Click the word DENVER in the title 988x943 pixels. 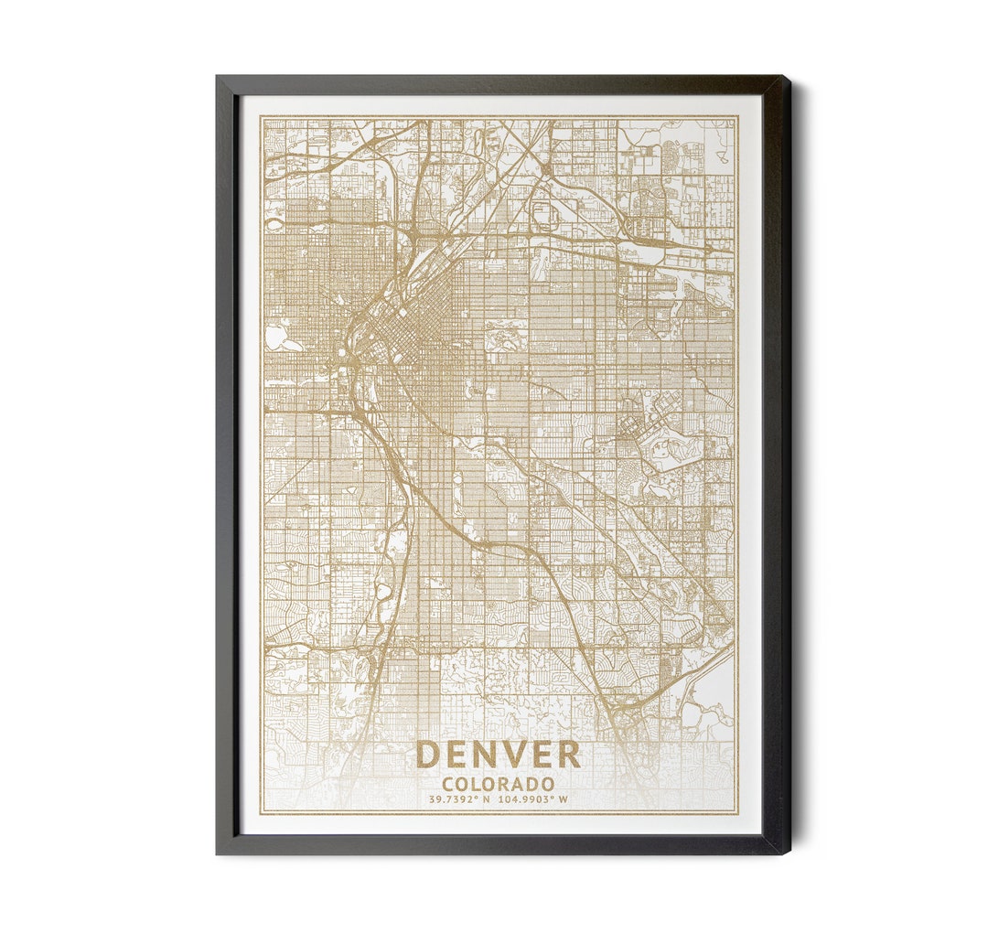pyautogui.click(x=498, y=755)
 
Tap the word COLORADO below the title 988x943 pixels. pyautogui.click(x=498, y=784)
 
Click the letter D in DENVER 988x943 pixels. pyautogui.click(x=426, y=755)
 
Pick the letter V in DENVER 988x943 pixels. pyautogui.click(x=510, y=755)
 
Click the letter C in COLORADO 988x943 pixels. pyautogui.click(x=448, y=784)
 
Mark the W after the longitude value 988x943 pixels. pyautogui.click(x=564, y=798)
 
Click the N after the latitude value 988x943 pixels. pyautogui.click(x=487, y=798)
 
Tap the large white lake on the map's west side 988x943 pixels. pyautogui.click(x=275, y=338)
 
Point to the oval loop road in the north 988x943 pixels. pyautogui.click(x=542, y=215)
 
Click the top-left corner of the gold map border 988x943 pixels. pyautogui.click(x=261, y=116)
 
